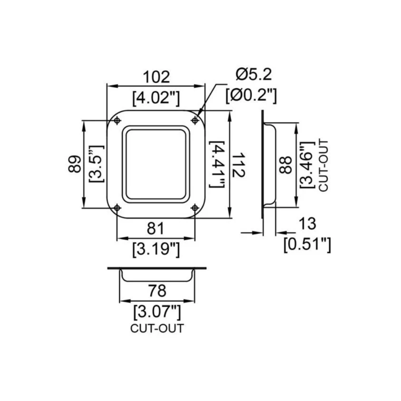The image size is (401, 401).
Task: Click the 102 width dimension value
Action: [x=156, y=77]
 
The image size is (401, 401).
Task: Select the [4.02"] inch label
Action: [x=156, y=97]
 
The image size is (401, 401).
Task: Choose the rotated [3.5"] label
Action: [x=95, y=164]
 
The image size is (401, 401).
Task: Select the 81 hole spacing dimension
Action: [x=156, y=228]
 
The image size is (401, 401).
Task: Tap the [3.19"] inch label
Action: [x=156, y=249]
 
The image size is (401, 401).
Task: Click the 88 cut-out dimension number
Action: [x=285, y=165]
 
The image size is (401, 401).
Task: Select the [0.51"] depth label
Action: [x=307, y=244]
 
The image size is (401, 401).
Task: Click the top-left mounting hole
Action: [x=117, y=120]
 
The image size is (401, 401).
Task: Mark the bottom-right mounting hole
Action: [x=194, y=207]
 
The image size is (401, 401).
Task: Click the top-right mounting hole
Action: [x=194, y=120]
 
